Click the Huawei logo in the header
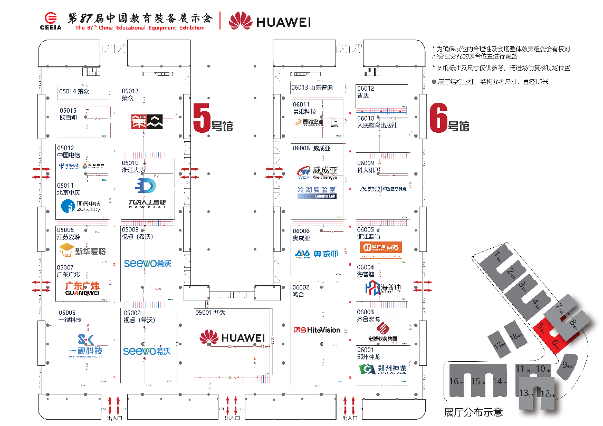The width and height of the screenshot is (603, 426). pyautogui.click(x=270, y=21)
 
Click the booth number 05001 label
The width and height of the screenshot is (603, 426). pyautogui.click(x=204, y=313)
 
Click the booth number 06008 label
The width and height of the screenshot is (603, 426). pyautogui.click(x=301, y=149)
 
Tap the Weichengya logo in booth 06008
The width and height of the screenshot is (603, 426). pyautogui.click(x=317, y=172)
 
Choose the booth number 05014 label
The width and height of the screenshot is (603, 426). pyautogui.click(x=68, y=91)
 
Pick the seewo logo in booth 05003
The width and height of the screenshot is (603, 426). pyautogui.click(x=147, y=263)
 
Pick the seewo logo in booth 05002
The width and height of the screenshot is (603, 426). pyautogui.click(x=147, y=351)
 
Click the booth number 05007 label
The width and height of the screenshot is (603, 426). pyautogui.click(x=65, y=268)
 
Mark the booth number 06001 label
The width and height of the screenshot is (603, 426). pyautogui.click(x=365, y=350)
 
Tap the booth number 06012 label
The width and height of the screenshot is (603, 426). pyautogui.click(x=366, y=89)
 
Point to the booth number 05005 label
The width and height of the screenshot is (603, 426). pyautogui.click(x=67, y=313)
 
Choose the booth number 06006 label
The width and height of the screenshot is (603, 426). pyautogui.click(x=301, y=231)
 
